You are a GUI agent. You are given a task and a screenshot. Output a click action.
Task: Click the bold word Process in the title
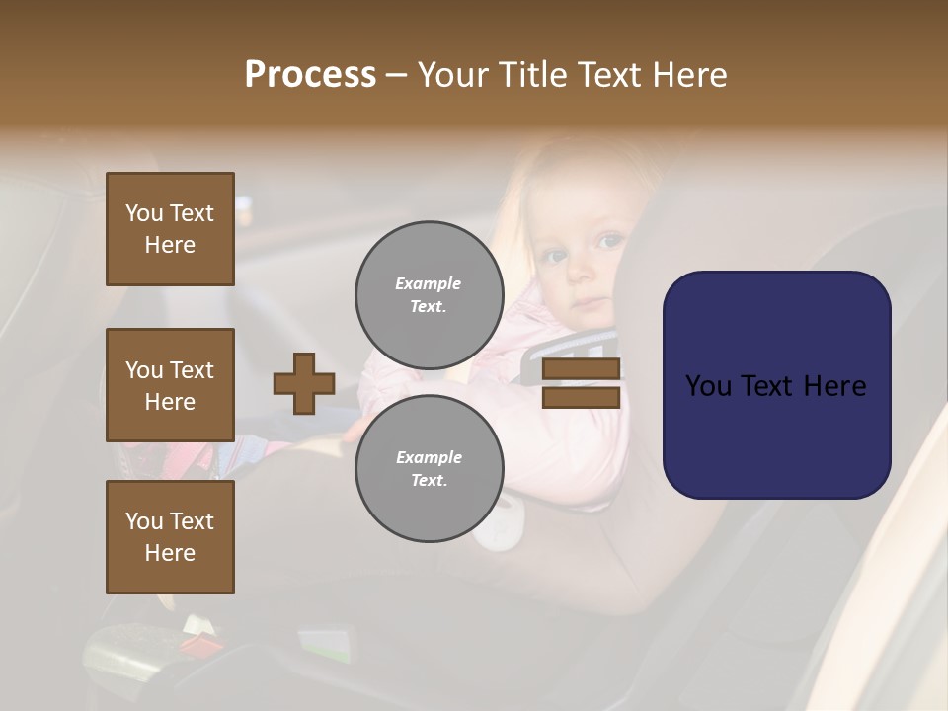(x=310, y=75)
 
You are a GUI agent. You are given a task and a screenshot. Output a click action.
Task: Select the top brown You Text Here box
(x=170, y=229)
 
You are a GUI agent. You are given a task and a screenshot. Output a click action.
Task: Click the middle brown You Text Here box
(x=170, y=385)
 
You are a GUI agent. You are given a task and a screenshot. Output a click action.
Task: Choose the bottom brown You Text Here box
(x=170, y=537)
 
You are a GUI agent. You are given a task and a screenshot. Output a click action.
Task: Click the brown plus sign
(x=304, y=383)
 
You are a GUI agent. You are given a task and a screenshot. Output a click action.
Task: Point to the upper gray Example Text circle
(x=430, y=295)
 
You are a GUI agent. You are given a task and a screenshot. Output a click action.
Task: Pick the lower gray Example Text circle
(x=430, y=469)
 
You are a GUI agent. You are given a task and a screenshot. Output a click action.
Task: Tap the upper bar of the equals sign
(x=582, y=369)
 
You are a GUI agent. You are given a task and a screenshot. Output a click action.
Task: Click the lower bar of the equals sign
(x=582, y=397)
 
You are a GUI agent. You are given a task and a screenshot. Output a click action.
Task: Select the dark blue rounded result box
(x=776, y=385)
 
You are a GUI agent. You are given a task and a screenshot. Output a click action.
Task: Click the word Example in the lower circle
(x=429, y=457)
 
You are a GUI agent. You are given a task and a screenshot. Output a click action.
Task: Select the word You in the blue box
(x=709, y=385)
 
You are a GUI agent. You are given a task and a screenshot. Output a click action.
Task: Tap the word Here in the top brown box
(x=170, y=245)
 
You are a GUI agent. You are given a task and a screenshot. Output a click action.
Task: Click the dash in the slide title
(x=397, y=75)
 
